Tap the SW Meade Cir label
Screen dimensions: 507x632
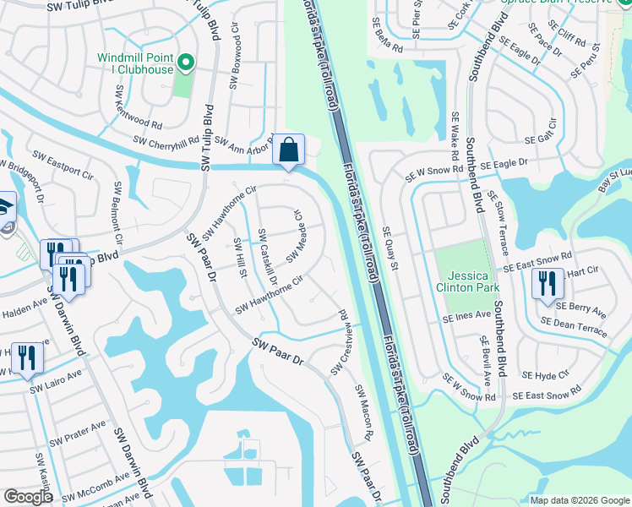298,237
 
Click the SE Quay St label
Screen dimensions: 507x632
389,247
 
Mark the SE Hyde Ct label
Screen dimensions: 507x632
546,373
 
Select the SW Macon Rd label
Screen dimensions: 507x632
363,413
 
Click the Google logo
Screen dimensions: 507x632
27,497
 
